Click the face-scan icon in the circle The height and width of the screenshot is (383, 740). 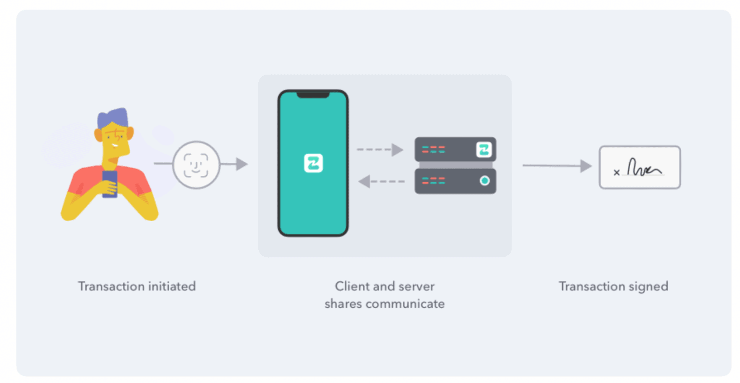[196, 165]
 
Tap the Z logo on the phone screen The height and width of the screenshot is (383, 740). [313, 163]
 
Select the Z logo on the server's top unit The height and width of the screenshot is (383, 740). [484, 150]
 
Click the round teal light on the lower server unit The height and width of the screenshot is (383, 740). [485, 181]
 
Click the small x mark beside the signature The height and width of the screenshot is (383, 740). [617, 172]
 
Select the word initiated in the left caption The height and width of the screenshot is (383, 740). [172, 286]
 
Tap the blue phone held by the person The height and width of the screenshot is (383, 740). [110, 184]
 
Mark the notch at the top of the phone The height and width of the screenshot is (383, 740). [313, 95]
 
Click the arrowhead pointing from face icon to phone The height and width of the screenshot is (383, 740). [241, 164]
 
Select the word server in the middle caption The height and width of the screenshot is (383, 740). [417, 286]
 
